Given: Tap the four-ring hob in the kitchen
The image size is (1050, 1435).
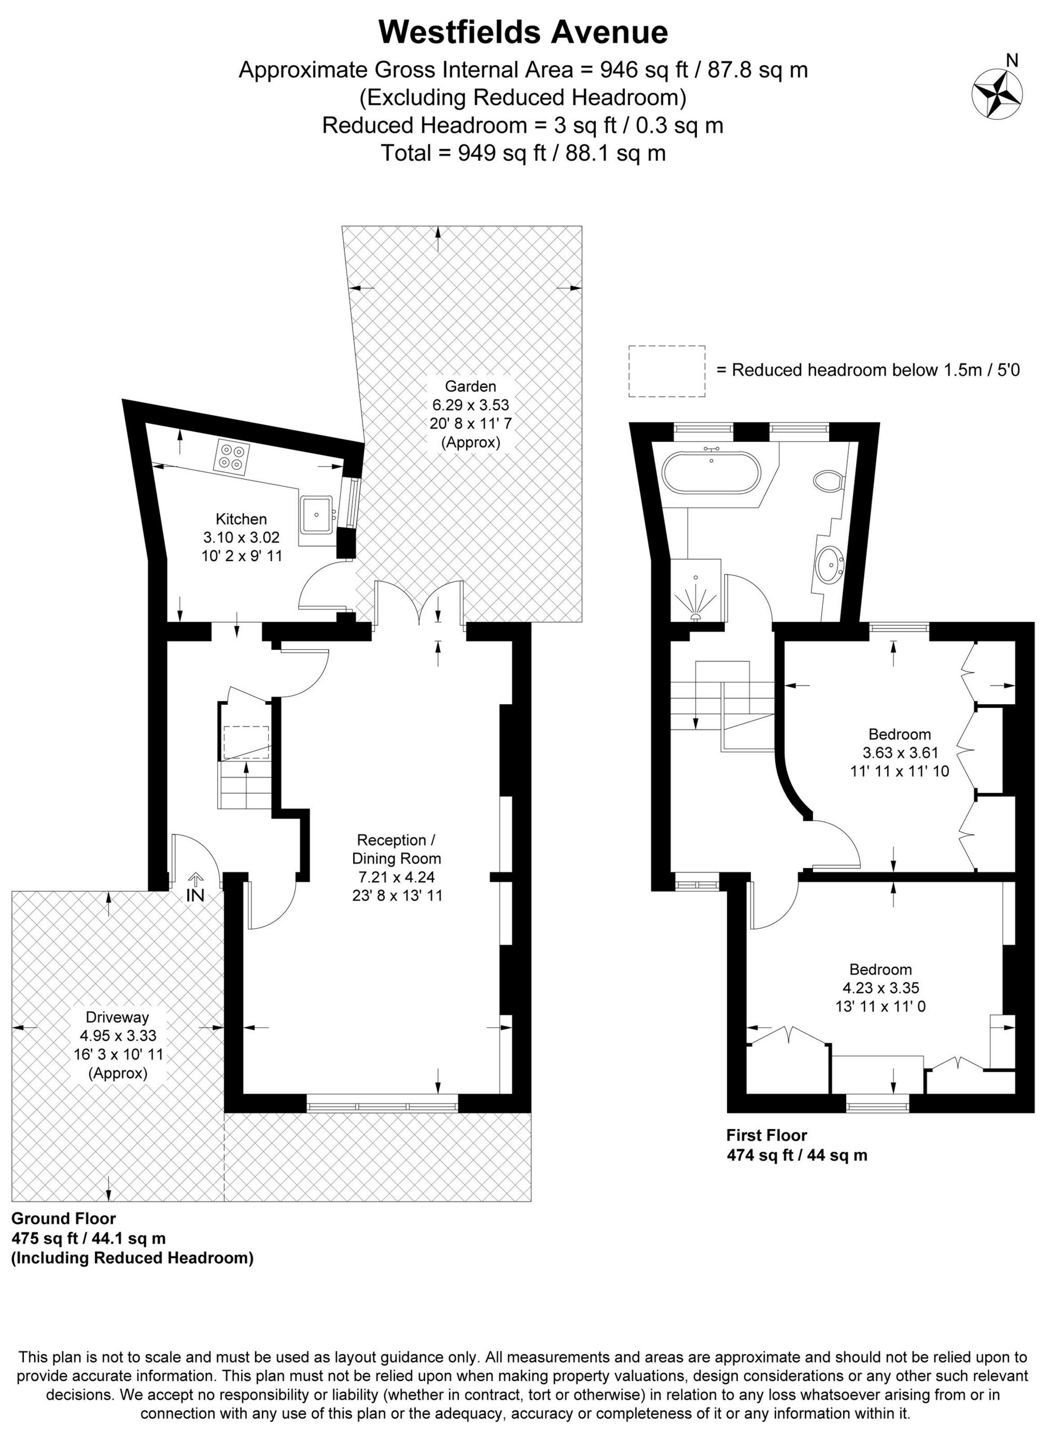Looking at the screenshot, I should coord(233,456).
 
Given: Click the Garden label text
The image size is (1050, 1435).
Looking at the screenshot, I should coord(470,386).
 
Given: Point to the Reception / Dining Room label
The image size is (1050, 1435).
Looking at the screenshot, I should coord(396,849).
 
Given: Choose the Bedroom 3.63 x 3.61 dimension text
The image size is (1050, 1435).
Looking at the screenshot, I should coord(899,753).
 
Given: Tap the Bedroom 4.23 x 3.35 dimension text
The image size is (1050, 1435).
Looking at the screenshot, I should coord(880,988).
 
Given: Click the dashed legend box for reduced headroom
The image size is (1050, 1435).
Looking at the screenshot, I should coord(667,371).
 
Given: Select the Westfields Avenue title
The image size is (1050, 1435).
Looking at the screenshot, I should coord(523,32).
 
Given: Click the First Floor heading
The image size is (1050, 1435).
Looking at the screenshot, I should coord(766,1135).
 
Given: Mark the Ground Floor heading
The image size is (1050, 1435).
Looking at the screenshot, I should coord(64,1218).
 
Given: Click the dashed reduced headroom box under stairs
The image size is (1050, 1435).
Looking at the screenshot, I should coord(246,742).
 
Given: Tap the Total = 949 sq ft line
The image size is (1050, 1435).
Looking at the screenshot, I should coord(523,153).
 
